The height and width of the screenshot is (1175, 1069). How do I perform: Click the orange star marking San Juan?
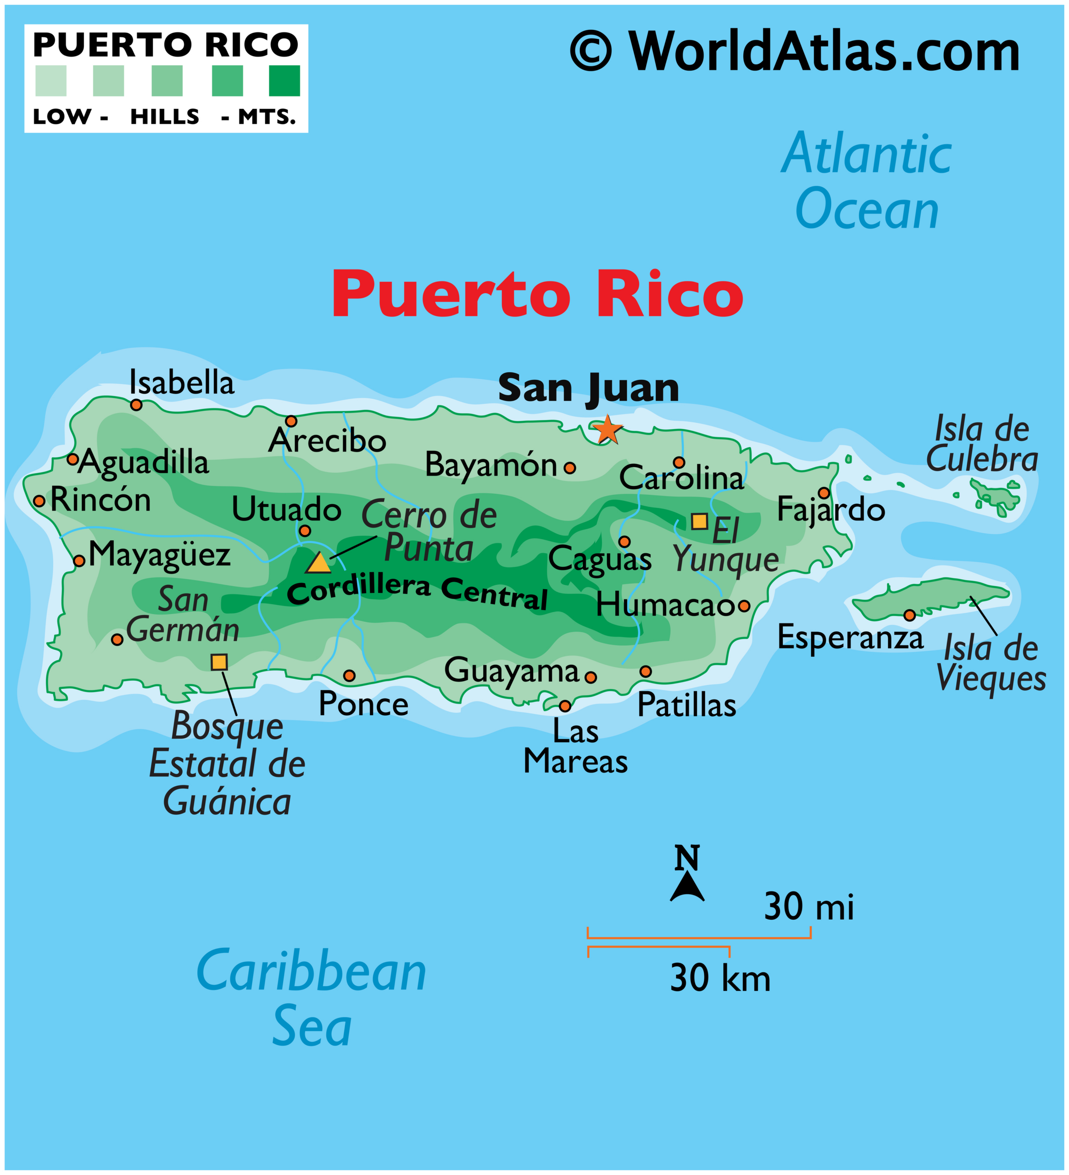[607, 430]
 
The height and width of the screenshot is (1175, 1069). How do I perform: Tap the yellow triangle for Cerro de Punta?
[319, 564]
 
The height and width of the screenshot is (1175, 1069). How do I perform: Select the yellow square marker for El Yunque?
[699, 521]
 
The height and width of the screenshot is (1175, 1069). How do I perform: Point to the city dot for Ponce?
[349, 676]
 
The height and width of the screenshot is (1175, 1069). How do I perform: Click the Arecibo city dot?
[291, 421]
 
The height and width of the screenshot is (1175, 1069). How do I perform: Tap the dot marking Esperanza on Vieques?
[909, 615]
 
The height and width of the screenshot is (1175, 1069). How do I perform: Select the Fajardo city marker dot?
[823, 493]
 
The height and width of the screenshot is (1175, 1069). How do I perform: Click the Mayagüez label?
[159, 555]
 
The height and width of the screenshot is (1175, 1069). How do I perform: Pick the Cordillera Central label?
[417, 592]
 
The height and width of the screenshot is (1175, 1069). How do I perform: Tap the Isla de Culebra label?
[982, 444]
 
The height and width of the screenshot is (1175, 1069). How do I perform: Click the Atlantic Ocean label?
[866, 181]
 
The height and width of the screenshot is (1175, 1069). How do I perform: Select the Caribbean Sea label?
[312, 998]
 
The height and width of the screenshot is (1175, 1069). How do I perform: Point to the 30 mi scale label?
[808, 907]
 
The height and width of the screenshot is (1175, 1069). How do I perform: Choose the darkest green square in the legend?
[284, 80]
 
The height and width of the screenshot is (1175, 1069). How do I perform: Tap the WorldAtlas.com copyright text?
[795, 51]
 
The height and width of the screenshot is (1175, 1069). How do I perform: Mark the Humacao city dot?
[744, 605]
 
